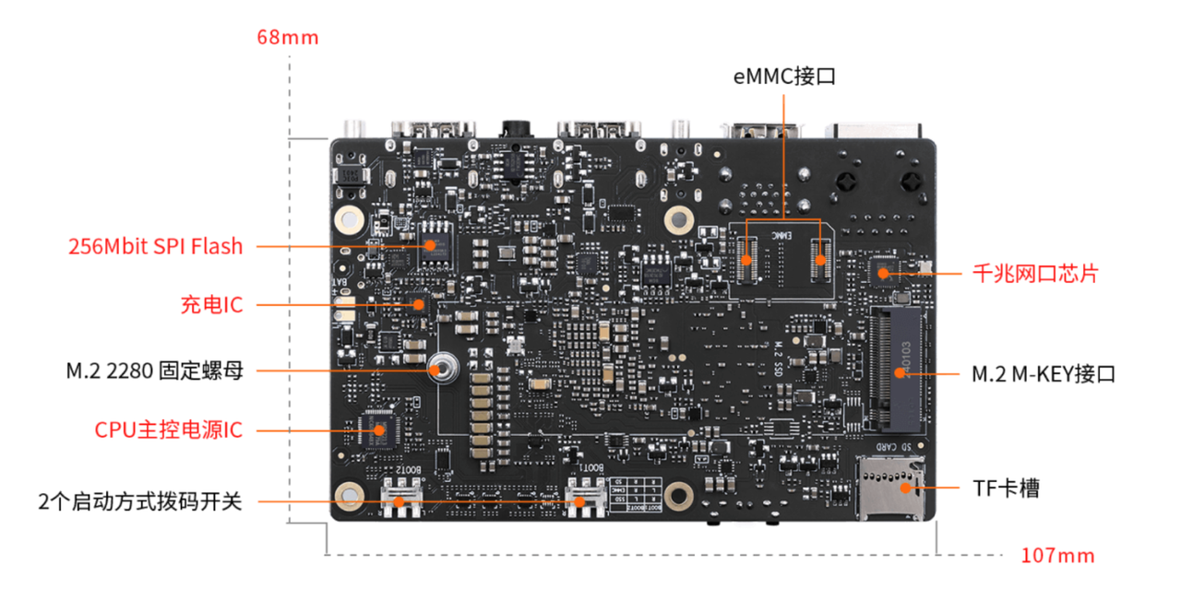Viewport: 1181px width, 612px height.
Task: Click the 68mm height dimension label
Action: pos(287,38)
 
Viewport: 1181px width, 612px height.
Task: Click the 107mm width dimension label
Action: pos(1057,556)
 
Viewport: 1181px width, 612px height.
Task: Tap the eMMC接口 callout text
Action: pos(784,76)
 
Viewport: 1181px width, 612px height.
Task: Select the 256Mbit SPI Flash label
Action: pos(156,247)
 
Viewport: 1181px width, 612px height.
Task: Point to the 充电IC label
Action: pos(212,304)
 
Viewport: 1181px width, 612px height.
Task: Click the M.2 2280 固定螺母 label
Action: pos(154,371)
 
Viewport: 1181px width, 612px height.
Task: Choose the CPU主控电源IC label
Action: pos(169,430)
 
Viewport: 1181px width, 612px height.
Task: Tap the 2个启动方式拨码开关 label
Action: pos(140,502)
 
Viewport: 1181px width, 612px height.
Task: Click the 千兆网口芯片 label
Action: pos(1035,274)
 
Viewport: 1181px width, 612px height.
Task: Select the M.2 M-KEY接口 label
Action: pos(1044,374)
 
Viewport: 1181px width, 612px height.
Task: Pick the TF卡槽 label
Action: pos(1006,488)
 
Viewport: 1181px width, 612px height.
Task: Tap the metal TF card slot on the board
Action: pos(891,488)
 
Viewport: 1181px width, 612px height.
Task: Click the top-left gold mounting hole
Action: pos(349,218)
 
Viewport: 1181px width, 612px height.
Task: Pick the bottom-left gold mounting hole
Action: pos(351,496)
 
